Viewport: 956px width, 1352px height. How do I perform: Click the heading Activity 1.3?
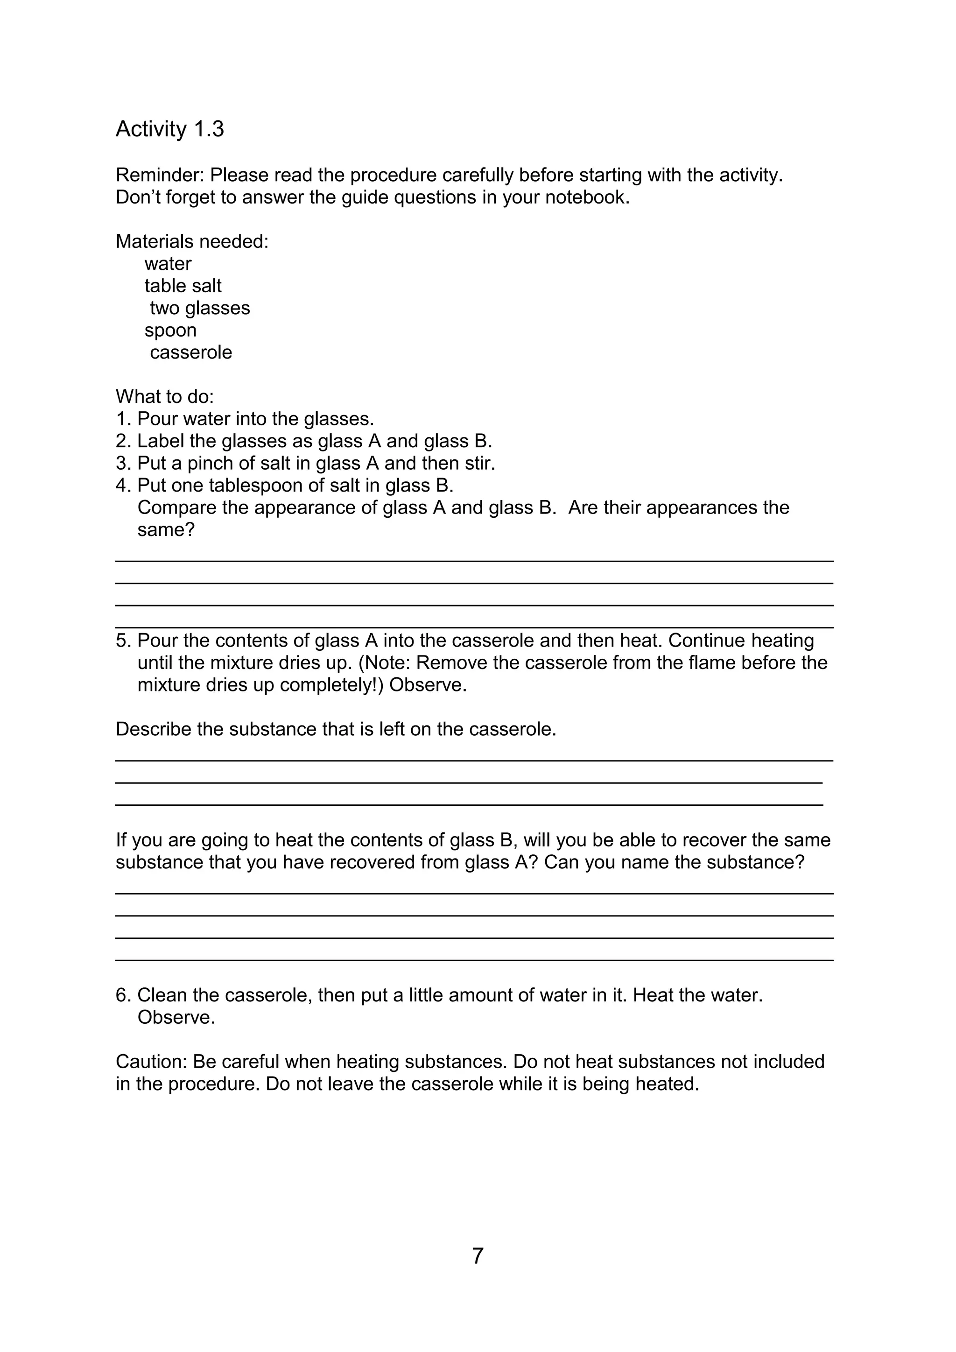[169, 129]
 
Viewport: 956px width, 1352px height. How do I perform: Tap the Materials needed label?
[192, 241]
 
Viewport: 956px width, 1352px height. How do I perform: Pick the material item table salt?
[183, 286]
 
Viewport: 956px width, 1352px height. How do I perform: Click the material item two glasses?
[200, 308]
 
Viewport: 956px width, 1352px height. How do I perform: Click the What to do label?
[164, 397]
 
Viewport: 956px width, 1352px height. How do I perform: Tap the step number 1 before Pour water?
[121, 419]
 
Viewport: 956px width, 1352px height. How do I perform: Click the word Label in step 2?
[162, 441]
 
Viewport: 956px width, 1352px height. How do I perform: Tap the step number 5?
[121, 641]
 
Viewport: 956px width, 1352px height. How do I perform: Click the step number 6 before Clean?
[121, 995]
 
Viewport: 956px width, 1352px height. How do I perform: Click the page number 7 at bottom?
[478, 1256]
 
